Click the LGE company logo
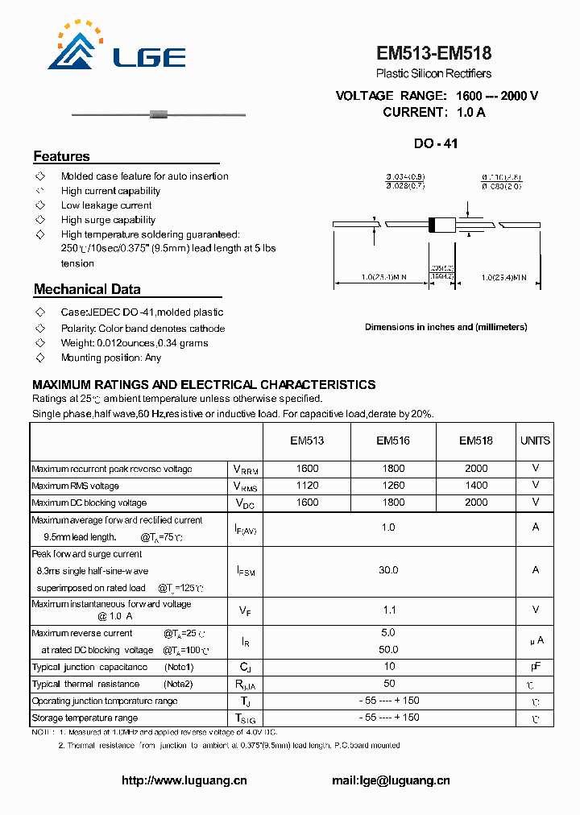click(x=121, y=49)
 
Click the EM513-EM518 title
click(x=433, y=54)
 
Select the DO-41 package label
click(x=435, y=144)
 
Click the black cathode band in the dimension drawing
click(x=432, y=225)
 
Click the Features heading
click(x=61, y=156)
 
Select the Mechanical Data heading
click(x=87, y=289)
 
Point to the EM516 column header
click(x=393, y=441)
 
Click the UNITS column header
click(x=535, y=441)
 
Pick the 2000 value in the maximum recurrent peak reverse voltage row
click(x=476, y=469)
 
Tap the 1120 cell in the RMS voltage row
click(x=307, y=486)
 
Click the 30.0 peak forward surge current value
click(x=388, y=570)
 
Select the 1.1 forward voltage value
click(x=388, y=610)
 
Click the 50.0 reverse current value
click(x=388, y=649)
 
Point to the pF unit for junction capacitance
click(x=535, y=667)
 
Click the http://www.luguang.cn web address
click(x=184, y=780)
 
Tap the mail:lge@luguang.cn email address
click(x=391, y=780)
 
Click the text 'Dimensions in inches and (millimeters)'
click(x=445, y=327)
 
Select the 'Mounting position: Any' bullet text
click(x=110, y=358)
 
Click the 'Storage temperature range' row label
click(x=85, y=718)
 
